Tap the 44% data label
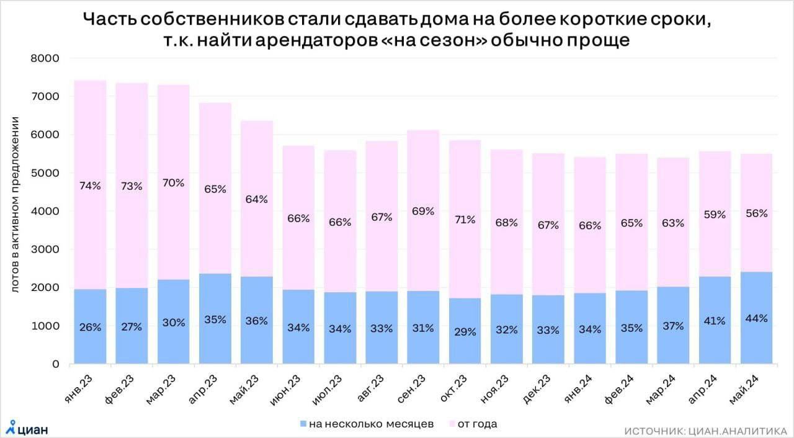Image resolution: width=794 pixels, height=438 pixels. tap(756, 319)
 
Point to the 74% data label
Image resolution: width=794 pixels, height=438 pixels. tap(90, 185)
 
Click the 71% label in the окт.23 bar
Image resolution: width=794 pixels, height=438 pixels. tap(465, 219)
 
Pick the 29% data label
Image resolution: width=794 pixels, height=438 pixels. tap(465, 332)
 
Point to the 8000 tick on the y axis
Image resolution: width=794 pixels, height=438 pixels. tap(45, 58)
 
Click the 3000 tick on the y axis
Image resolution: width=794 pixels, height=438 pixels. tap(45, 249)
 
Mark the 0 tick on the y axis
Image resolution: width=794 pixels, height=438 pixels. tap(55, 364)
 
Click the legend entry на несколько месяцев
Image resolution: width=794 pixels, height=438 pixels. tap(370, 424)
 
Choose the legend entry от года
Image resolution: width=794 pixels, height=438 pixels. tap(476, 424)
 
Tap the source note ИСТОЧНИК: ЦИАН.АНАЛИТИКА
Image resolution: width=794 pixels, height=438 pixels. tap(705, 430)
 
